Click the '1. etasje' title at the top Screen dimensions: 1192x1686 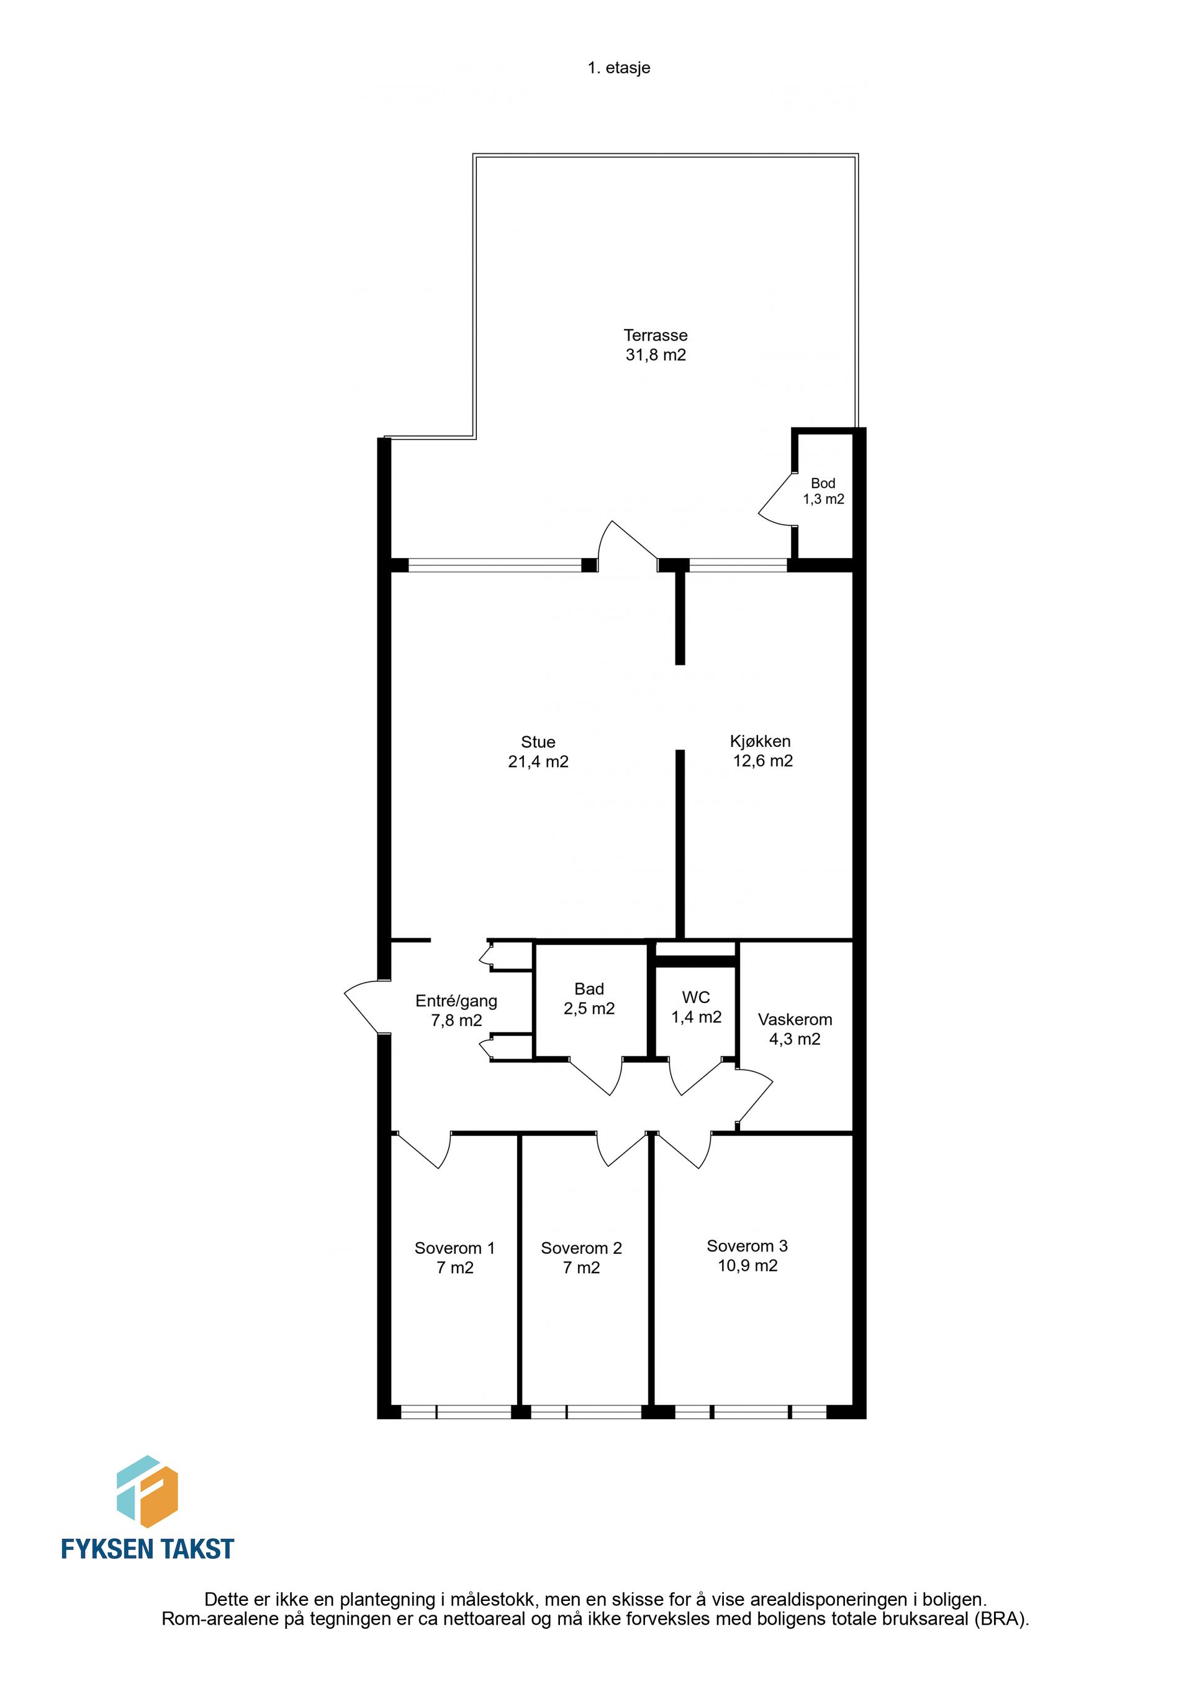(x=618, y=68)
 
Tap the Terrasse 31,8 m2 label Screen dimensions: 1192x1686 (x=655, y=345)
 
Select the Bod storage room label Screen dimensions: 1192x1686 (x=823, y=490)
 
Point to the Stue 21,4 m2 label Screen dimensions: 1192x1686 (x=538, y=751)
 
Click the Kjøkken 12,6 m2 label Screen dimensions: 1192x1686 (x=762, y=751)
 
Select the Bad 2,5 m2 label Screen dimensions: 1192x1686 (x=589, y=999)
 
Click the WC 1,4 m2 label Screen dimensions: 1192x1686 (x=695, y=1007)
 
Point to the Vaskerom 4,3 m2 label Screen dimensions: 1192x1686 (x=795, y=1029)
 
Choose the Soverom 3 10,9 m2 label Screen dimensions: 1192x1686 (x=747, y=1256)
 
